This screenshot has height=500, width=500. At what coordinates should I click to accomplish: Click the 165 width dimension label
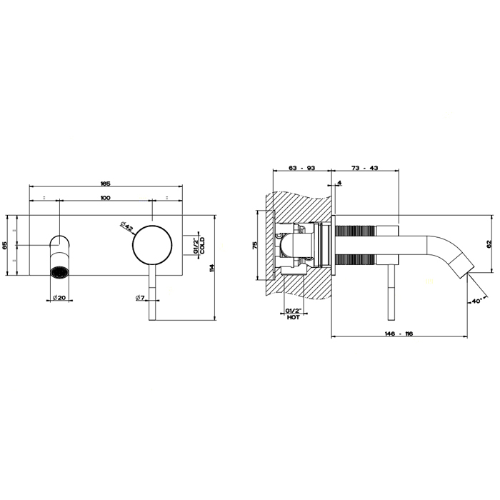(x=105, y=184)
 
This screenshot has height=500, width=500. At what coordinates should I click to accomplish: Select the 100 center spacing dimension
(x=105, y=198)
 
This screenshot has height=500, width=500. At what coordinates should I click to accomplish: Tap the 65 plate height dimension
(x=5, y=245)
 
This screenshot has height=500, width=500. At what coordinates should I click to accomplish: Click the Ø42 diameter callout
(x=126, y=226)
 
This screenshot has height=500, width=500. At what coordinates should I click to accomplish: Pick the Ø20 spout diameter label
(x=59, y=298)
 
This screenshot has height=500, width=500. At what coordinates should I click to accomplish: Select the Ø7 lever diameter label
(x=141, y=298)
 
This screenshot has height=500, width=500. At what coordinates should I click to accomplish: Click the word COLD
(x=202, y=246)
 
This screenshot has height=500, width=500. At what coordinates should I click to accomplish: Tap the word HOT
(x=294, y=318)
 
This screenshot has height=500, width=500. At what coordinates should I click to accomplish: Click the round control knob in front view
(x=152, y=245)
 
